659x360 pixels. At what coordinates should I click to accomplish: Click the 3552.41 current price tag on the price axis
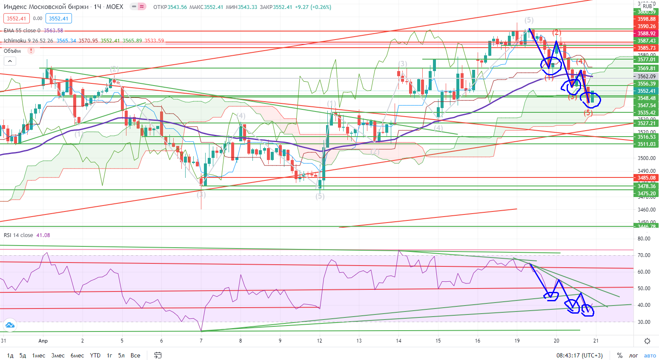coord(646,91)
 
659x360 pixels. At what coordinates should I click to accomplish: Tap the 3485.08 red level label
coord(646,178)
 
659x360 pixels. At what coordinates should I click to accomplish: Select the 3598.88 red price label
coord(646,19)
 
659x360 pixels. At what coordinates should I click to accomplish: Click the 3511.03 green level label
coord(646,144)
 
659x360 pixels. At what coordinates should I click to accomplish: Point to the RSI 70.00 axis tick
coord(644,255)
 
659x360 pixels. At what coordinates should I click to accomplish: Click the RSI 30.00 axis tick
coord(644,322)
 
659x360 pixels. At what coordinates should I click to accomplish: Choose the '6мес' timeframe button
coord(77,355)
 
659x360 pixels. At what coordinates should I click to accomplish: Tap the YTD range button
coord(95,355)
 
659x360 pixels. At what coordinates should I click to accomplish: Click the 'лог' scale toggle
coord(633,355)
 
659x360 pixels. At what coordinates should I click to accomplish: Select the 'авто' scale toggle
coord(650,355)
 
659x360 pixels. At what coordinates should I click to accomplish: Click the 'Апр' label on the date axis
coord(43,341)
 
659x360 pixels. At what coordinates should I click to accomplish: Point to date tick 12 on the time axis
coord(320,341)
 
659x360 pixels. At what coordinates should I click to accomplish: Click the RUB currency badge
coord(647,6)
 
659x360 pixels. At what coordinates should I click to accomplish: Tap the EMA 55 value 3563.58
coord(53,31)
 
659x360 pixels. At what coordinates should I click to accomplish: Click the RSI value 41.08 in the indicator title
coord(43,235)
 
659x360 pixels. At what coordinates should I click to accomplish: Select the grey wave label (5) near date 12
coord(320,196)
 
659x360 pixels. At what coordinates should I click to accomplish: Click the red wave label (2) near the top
coord(556,33)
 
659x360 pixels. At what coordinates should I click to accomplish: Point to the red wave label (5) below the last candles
coord(588,113)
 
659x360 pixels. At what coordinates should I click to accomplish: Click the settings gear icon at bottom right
coord(647,341)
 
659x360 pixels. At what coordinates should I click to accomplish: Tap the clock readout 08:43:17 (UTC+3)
coord(579,355)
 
